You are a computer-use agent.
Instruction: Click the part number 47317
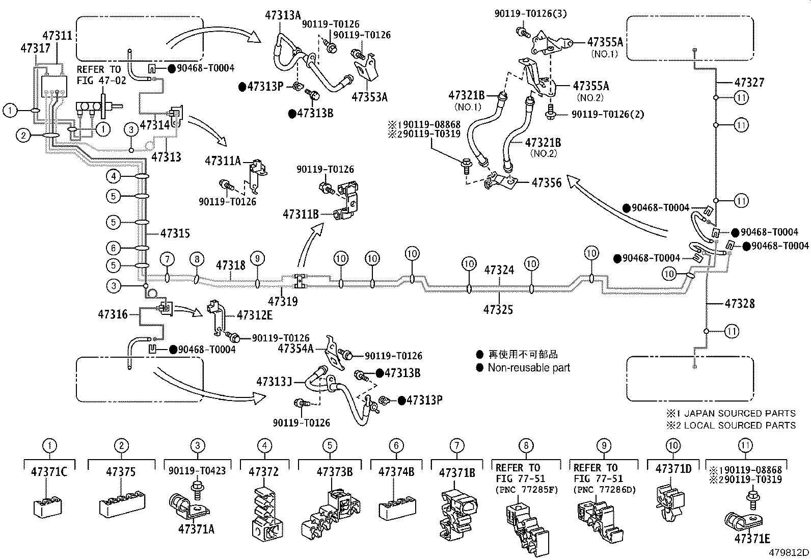click(x=35, y=48)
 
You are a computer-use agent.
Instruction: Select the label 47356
click(x=547, y=182)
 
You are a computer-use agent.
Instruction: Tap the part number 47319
click(x=283, y=301)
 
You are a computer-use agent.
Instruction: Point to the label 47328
click(x=740, y=304)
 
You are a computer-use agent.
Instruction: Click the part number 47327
click(x=750, y=82)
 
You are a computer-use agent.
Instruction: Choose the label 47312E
click(x=254, y=315)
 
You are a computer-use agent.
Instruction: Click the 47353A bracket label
click(x=369, y=97)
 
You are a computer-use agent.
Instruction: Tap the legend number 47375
click(x=121, y=472)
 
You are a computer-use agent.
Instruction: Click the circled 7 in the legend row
click(x=456, y=445)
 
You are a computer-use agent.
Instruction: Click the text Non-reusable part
click(x=529, y=367)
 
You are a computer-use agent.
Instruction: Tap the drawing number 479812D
click(x=789, y=552)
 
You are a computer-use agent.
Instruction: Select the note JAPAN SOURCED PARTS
click(x=739, y=413)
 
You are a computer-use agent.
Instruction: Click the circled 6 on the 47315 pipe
click(x=114, y=248)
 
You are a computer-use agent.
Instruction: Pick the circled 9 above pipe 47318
click(x=258, y=259)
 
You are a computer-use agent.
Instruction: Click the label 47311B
click(x=301, y=215)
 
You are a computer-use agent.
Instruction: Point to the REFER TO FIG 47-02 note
click(x=99, y=74)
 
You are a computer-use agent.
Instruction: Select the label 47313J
click(x=274, y=381)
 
